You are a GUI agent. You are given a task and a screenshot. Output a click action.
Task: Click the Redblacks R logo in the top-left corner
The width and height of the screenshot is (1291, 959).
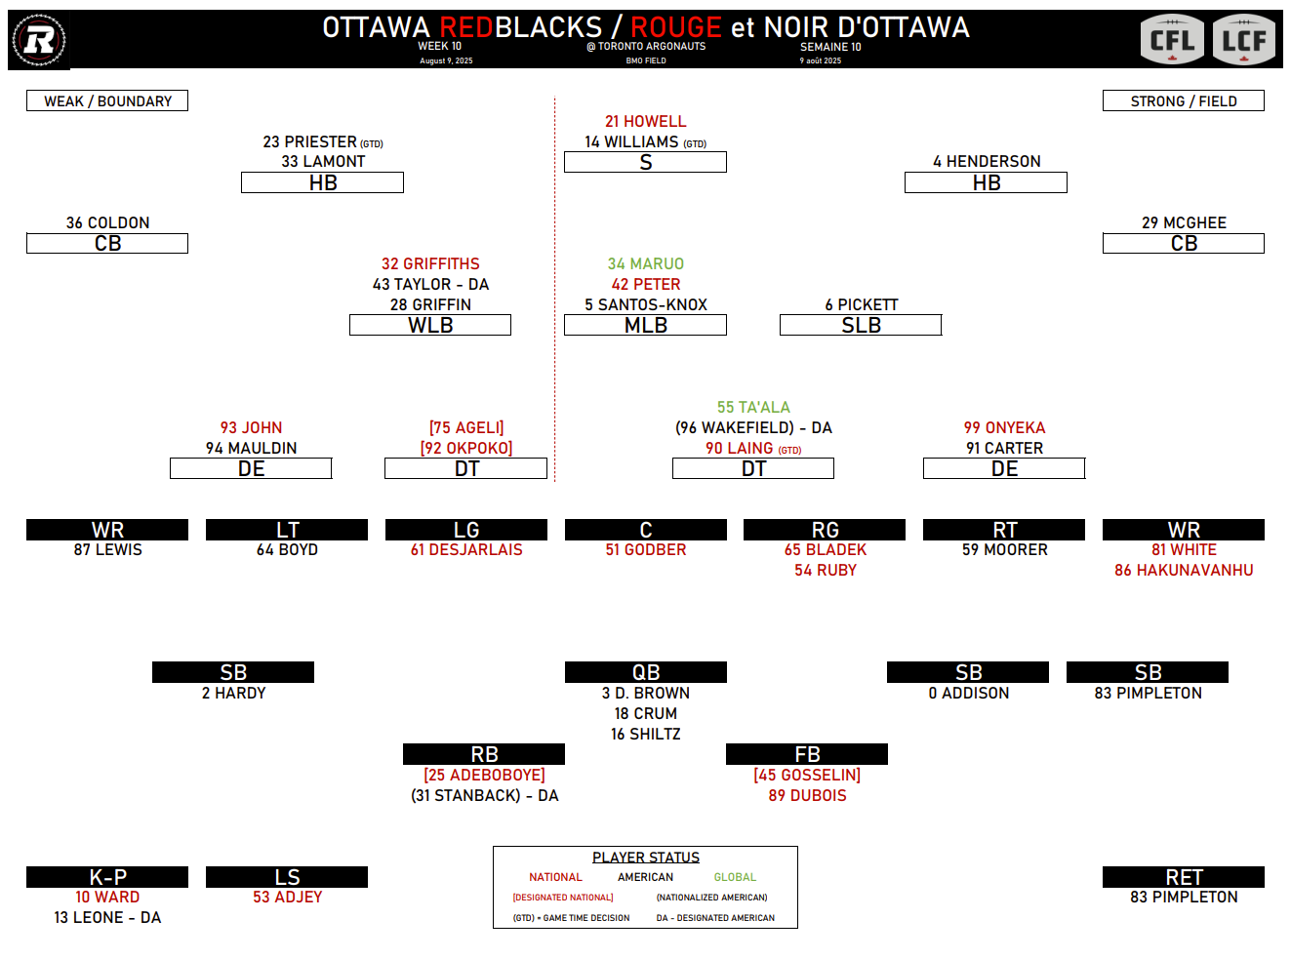39,40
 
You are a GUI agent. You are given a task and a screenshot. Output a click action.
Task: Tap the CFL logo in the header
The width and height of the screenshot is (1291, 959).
1172,41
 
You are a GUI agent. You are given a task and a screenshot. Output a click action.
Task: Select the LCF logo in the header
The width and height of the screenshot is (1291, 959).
1244,41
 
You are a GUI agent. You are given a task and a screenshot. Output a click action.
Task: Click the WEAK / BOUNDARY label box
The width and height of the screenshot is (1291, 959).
107,100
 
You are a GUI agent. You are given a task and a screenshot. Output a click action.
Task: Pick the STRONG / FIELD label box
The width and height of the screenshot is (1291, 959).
1183,100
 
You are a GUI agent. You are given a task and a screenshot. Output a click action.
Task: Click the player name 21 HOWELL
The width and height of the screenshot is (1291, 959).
645,121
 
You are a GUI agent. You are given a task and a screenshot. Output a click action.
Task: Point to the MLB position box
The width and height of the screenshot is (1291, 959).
645,325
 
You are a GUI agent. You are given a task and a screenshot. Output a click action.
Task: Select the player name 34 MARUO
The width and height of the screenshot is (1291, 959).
645,263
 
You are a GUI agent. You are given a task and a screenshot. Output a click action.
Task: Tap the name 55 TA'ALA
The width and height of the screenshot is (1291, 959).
753,407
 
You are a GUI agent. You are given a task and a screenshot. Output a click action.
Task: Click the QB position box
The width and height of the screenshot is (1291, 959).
645,672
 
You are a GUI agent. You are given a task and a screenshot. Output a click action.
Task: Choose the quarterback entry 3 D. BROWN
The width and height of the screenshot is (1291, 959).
645,693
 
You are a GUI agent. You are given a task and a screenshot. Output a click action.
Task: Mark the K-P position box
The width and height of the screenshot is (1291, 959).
107,877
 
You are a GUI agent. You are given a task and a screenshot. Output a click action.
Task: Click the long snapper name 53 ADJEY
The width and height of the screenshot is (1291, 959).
287,897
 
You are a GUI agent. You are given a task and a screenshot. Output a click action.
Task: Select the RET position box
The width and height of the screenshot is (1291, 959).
1183,877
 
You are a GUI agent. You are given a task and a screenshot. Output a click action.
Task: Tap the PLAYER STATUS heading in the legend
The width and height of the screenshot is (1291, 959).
645,857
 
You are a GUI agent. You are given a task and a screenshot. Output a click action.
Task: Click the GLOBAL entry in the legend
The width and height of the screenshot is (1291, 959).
734,877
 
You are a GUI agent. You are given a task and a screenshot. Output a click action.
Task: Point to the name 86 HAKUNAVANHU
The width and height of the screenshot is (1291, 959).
1183,570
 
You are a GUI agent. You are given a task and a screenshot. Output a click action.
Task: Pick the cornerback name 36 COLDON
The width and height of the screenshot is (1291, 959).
107,222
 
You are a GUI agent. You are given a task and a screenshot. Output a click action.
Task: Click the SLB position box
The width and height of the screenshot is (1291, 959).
861,325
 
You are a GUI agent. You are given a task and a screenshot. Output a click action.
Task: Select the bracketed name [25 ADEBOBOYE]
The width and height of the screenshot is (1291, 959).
484,775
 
